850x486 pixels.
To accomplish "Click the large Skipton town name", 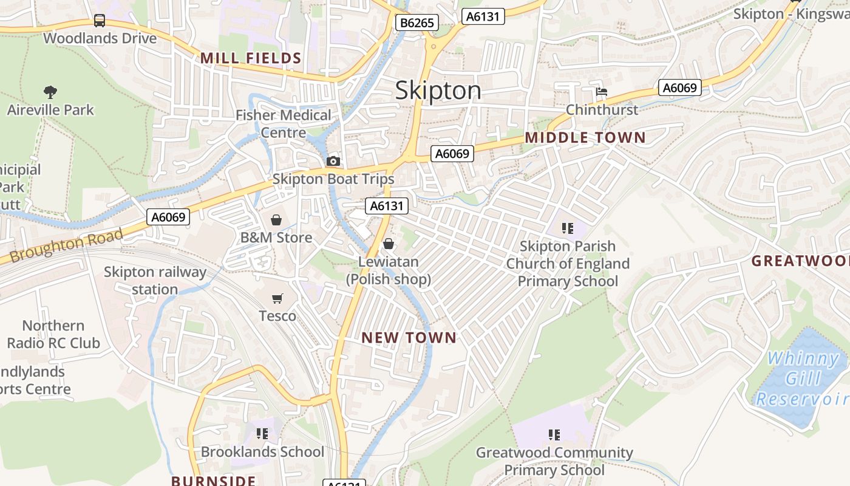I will point(438,91).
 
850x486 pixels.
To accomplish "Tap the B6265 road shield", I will point(416,23).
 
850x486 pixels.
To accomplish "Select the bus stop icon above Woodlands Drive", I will point(100,21).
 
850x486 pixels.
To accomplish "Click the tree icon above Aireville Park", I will point(50,92).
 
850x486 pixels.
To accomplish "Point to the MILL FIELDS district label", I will point(251,58).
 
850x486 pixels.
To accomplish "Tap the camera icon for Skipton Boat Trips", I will point(333,161).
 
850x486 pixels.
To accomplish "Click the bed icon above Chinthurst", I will point(601,92).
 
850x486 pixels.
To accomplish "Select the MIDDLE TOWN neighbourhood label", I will point(585,138).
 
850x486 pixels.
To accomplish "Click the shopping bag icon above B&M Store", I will point(276,220).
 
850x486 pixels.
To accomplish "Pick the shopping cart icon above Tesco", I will point(277,298).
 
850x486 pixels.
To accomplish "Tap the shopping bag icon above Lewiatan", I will point(389,244).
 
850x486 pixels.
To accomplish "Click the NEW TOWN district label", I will point(409,338).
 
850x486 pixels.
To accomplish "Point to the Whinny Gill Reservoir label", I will point(801,378).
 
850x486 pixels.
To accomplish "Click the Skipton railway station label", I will point(155,281).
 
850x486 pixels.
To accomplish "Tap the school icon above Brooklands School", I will point(262,434).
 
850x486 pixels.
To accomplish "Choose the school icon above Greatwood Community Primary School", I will point(554,434).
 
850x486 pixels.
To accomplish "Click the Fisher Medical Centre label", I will point(284,124).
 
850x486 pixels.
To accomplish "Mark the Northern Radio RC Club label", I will point(53,334).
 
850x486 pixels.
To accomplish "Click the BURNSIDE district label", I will point(213,481).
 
